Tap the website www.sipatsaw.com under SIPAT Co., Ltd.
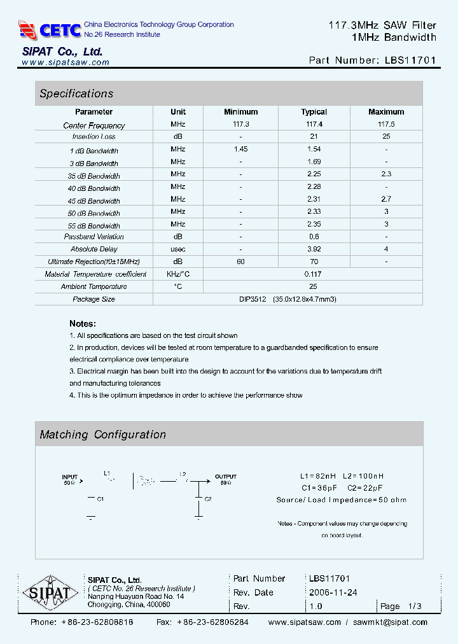pyautogui.click(x=66, y=62)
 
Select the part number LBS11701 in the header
pyautogui.click(x=410, y=60)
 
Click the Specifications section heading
pyautogui.click(x=76, y=94)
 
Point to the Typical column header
pyautogui.click(x=314, y=112)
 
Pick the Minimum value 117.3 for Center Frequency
pyautogui.click(x=241, y=125)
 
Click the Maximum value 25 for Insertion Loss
pyautogui.click(x=385, y=137)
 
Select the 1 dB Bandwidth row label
pyautogui.click(x=94, y=151)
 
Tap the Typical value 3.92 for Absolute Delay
pyautogui.click(x=314, y=249)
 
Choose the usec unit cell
pyautogui.click(x=178, y=249)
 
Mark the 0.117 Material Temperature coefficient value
pyautogui.click(x=314, y=274)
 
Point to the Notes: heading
pyautogui.click(x=83, y=323)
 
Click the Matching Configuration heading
pyautogui.click(x=103, y=435)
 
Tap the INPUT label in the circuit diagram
pyautogui.click(x=69, y=477)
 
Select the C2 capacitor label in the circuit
pyautogui.click(x=207, y=500)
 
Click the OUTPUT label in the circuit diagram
pyautogui.click(x=225, y=477)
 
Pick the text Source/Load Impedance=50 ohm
pyautogui.click(x=342, y=500)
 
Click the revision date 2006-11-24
pyautogui.click(x=333, y=592)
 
